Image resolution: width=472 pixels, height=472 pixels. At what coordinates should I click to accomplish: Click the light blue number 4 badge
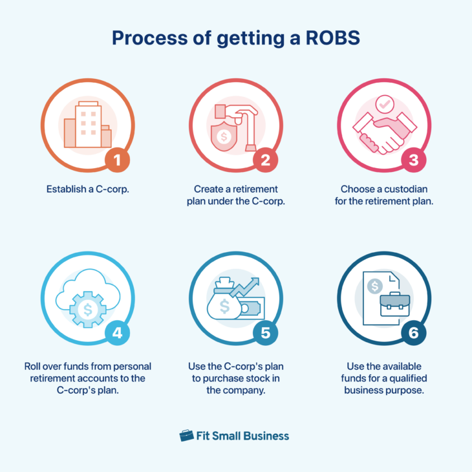coord(117,333)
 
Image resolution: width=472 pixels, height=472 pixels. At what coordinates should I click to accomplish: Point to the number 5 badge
coord(265,333)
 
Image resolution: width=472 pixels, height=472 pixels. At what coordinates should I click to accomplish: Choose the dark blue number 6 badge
coord(414,333)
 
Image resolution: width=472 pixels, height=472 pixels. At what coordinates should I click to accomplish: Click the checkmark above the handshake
coord(385,103)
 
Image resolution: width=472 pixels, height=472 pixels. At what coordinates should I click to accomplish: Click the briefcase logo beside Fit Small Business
coord(186,435)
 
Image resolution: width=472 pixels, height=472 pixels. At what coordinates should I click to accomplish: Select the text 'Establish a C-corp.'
coord(87,189)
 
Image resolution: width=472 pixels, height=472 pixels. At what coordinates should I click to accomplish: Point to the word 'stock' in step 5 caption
coord(262,378)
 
